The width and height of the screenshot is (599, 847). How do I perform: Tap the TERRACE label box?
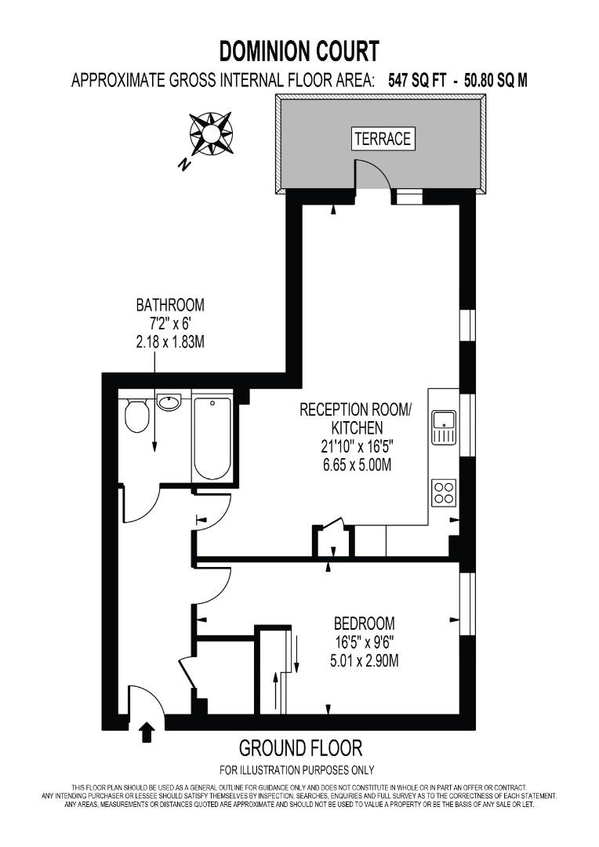[383, 139]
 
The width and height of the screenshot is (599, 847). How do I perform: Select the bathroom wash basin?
[169, 402]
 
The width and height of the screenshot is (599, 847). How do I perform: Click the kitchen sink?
[444, 427]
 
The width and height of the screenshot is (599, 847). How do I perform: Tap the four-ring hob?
[444, 493]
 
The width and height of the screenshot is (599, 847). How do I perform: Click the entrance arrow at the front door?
[147, 732]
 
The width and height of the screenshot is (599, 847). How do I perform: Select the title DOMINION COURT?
[299, 52]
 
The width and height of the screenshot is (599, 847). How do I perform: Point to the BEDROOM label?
[364, 624]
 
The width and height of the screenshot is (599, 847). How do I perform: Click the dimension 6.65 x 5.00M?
[346, 465]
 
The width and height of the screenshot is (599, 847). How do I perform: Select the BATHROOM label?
[170, 304]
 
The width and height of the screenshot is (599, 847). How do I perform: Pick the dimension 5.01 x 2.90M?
[364, 660]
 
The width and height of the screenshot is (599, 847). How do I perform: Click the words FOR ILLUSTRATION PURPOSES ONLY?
[297, 769]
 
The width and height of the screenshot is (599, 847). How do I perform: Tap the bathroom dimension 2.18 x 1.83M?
[170, 341]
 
